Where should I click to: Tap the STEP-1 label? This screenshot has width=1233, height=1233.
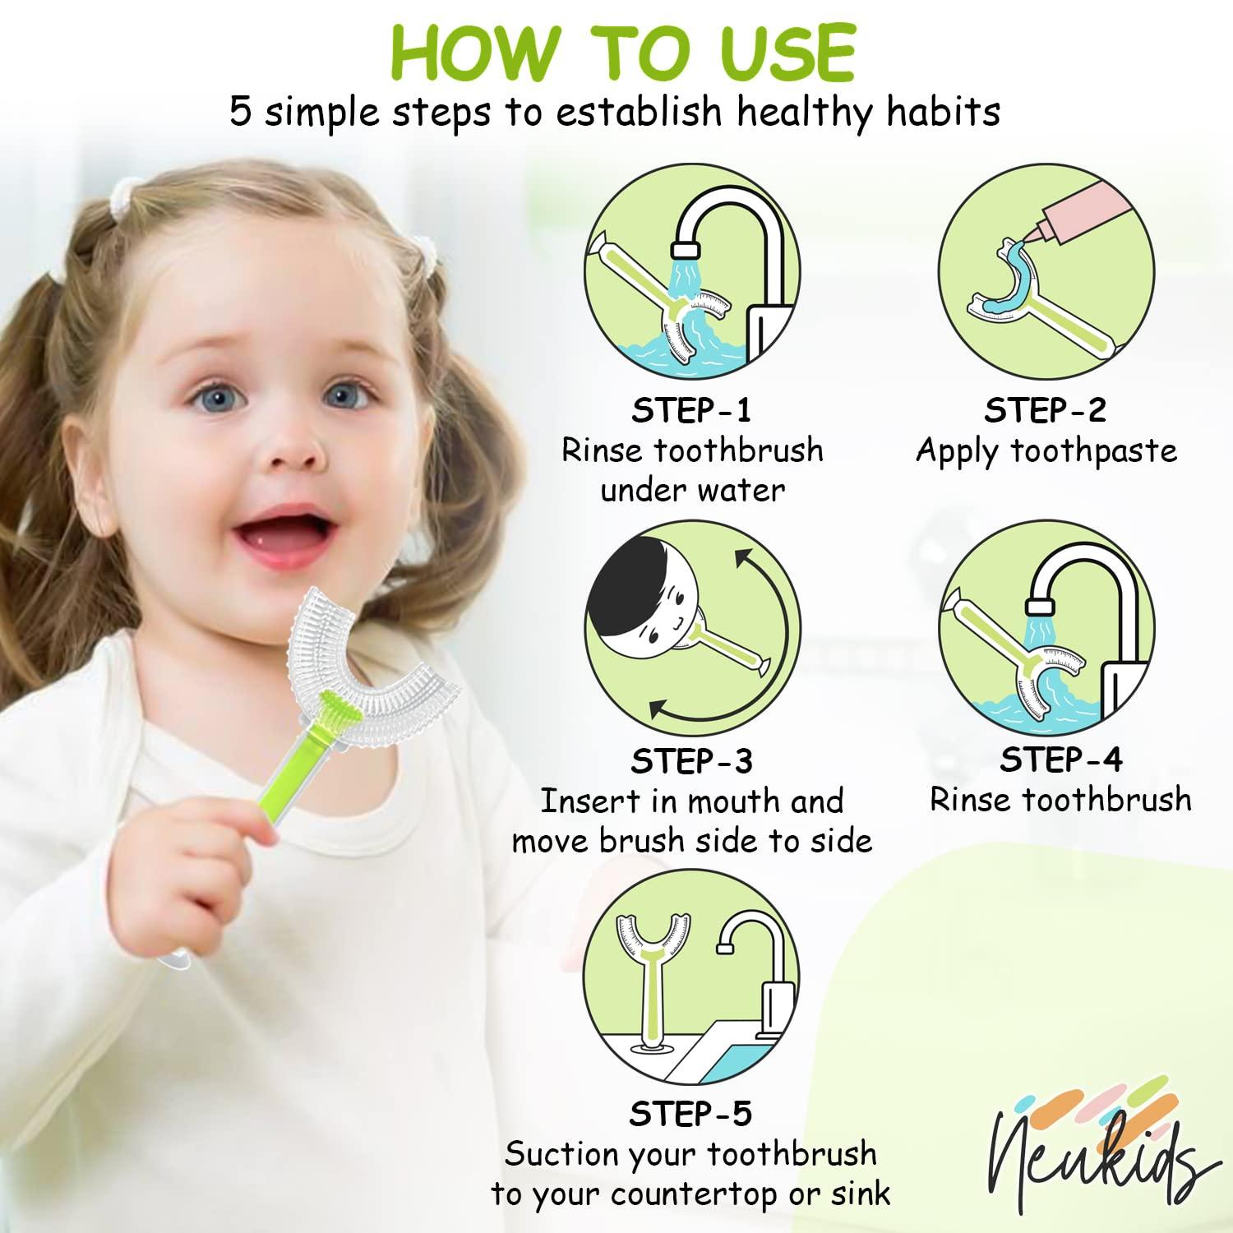point(690,409)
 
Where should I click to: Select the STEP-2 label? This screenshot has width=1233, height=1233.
point(1045,409)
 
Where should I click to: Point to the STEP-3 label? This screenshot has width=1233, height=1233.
point(690,761)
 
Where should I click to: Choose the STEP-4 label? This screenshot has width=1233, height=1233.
point(1060,760)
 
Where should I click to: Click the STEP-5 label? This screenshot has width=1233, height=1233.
point(690,1114)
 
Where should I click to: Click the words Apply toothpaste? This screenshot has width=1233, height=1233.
point(1046,450)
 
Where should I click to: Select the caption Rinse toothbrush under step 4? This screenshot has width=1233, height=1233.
point(1060,799)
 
